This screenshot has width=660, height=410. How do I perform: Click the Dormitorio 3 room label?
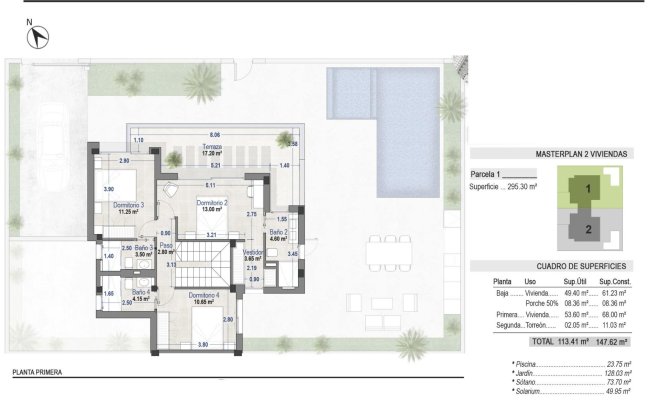129,208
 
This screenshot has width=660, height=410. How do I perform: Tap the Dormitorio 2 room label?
211,206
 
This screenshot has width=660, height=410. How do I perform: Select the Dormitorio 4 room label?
203,298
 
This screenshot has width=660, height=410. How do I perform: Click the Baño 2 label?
277,235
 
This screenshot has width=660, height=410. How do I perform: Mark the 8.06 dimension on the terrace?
214,134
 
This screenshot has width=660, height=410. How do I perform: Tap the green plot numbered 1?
589,188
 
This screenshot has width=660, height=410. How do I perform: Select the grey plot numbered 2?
589,229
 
